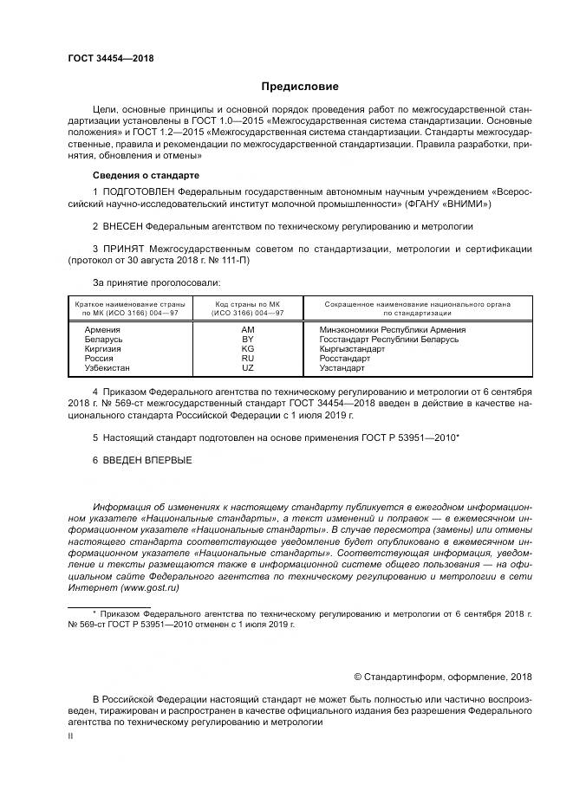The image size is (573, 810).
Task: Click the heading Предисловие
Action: coord(301,87)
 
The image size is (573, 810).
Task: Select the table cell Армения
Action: coord(102,330)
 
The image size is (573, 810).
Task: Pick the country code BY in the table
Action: coord(248,340)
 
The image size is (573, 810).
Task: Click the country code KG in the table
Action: coord(248,349)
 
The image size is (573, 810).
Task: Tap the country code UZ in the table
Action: coord(248,368)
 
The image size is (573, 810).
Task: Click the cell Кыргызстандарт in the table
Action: coord(352,349)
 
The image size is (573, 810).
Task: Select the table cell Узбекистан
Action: coord(107,368)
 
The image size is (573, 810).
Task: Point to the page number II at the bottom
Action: coord(71,736)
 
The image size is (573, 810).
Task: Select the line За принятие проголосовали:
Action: coord(156,282)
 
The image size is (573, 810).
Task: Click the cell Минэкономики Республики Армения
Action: coord(393,330)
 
